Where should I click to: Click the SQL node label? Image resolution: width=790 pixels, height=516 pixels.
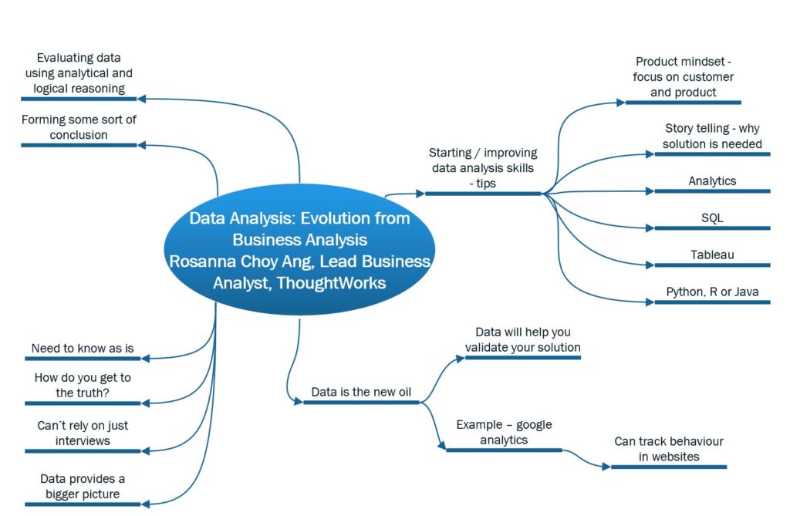(x=712, y=218)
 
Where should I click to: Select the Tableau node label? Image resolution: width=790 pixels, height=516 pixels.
(x=712, y=255)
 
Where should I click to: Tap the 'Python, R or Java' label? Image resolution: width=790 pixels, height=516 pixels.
(x=712, y=292)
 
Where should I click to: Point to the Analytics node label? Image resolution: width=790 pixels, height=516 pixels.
(x=712, y=181)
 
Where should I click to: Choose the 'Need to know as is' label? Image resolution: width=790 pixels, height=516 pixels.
(x=83, y=349)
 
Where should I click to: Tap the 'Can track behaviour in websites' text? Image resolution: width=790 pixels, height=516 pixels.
(x=669, y=449)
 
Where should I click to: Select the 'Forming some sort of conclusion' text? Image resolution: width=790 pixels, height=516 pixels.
(x=79, y=127)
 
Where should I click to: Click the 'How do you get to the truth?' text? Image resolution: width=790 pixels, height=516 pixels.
(x=83, y=385)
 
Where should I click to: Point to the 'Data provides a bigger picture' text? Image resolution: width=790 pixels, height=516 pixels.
(x=83, y=487)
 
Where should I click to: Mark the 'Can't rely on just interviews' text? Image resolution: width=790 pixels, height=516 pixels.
(x=83, y=433)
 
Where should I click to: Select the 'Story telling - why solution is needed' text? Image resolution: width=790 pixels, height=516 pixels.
(x=713, y=136)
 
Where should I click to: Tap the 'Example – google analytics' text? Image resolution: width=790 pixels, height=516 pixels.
(x=504, y=432)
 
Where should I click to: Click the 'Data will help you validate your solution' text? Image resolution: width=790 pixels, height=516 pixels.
(x=522, y=339)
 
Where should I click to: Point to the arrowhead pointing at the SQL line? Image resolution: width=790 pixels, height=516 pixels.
(x=650, y=228)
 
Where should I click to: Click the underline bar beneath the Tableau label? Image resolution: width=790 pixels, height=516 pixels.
(x=712, y=265)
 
